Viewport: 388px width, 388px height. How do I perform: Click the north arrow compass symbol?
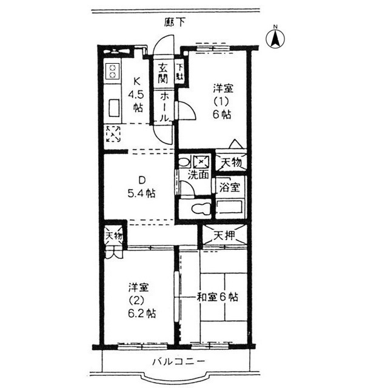[275, 38]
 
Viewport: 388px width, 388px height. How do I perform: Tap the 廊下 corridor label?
[175, 22]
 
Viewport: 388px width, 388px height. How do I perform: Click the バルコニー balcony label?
[178, 362]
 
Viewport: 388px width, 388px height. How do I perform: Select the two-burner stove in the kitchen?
[112, 71]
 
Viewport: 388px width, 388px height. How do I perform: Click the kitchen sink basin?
[114, 107]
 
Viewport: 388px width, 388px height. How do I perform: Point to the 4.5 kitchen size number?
[136, 95]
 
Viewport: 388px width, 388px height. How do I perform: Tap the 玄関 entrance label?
[163, 73]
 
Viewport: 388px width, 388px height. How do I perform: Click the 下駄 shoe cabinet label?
[180, 72]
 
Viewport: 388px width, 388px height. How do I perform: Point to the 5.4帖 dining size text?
[141, 193]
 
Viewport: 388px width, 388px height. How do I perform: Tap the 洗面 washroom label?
[198, 175]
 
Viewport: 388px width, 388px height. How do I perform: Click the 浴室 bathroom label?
[230, 187]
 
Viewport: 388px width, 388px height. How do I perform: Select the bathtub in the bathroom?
[230, 207]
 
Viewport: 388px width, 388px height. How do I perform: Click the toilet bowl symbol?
[201, 209]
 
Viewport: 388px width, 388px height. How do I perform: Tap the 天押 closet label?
[224, 236]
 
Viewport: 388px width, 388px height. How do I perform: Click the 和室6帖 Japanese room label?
[218, 296]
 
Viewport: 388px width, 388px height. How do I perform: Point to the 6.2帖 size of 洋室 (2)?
[142, 313]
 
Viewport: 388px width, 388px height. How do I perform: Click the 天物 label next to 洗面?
[231, 163]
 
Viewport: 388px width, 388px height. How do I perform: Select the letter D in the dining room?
[141, 180]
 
